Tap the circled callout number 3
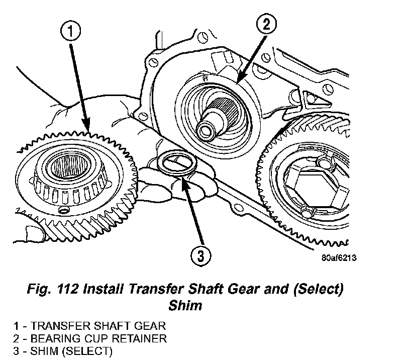pyautogui.click(x=201, y=257)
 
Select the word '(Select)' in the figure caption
pyautogui.click(x=311, y=290)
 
